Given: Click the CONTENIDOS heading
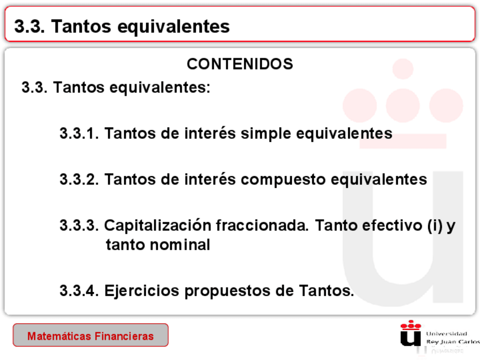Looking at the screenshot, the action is tap(240, 64).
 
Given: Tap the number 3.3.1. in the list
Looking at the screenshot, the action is tap(79, 134).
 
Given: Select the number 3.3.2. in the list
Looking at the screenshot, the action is tap(79, 179).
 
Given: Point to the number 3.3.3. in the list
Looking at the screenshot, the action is tap(79, 226).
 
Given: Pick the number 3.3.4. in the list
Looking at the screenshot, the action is tap(79, 291).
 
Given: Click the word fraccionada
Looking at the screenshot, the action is tap(262, 225).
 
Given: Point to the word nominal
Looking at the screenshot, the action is tap(180, 245).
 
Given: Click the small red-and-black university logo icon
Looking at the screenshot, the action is tap(410, 333).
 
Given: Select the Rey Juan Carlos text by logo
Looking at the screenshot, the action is tap(453, 342).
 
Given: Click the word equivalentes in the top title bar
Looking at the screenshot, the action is tap(174, 27).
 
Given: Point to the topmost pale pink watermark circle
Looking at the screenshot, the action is tap(403, 69).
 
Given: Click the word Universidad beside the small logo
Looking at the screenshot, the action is tap(447, 333).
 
